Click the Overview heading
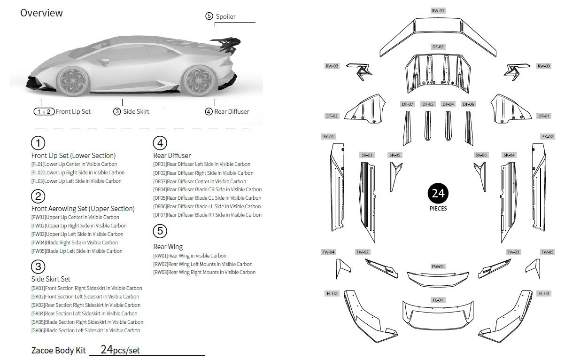tap(41, 13)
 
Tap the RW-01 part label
tap(438, 10)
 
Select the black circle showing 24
tap(438, 193)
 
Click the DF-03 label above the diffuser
tap(438, 47)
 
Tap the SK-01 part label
tap(328, 137)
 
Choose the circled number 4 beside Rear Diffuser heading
tap(160, 143)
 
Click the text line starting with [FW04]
tap(74, 243)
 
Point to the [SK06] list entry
tap(85, 330)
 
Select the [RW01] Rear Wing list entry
tap(190, 256)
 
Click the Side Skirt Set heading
tap(51, 279)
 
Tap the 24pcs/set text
tap(120, 350)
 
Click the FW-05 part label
tap(547, 252)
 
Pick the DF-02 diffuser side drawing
tap(364, 110)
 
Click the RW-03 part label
tap(544, 66)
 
